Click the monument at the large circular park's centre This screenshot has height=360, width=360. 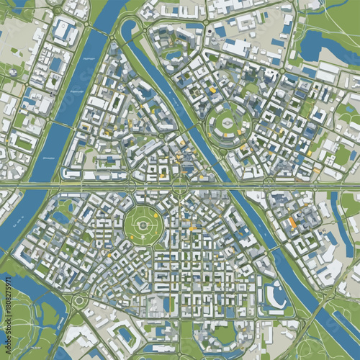[143, 226]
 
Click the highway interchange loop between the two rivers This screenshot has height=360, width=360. [178, 186]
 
